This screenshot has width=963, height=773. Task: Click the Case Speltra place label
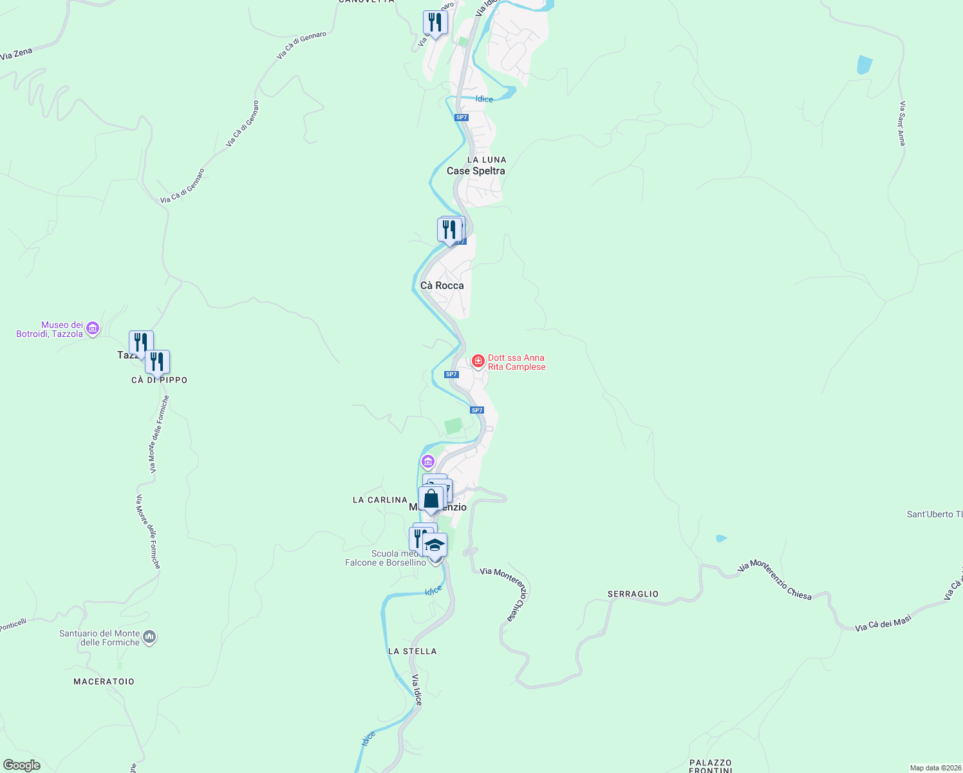coord(476,171)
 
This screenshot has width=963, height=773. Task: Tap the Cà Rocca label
coord(442,285)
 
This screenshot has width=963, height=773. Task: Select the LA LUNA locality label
coord(487,160)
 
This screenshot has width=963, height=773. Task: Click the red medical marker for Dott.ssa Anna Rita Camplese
coord(478,361)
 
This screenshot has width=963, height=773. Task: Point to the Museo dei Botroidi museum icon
coord(93,329)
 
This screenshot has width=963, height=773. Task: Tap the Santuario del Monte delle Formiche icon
coord(149,638)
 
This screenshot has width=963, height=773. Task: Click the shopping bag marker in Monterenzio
coord(431,499)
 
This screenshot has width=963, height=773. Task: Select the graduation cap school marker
coord(435,546)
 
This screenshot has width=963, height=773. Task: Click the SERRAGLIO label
coord(633,594)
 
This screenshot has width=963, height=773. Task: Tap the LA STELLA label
coord(412,651)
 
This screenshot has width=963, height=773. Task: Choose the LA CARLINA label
coord(380,500)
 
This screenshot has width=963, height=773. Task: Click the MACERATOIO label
coord(104,682)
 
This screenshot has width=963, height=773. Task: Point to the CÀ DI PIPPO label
coord(159,380)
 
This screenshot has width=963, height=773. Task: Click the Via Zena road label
coord(16,54)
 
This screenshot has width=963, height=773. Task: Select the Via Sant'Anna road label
coord(902,123)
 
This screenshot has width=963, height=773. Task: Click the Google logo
coord(22,765)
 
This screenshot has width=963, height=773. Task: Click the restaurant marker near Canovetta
coord(435,23)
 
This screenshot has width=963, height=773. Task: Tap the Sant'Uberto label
coord(934,514)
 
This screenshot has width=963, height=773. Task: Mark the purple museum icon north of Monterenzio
coord(427,462)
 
